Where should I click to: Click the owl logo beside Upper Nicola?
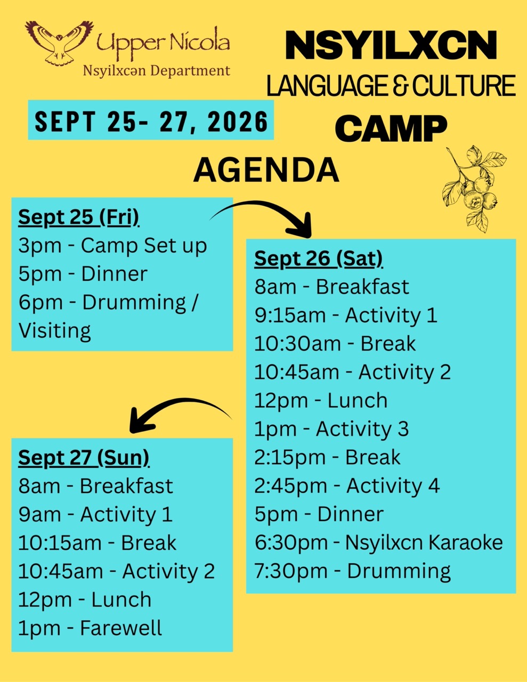(59, 43)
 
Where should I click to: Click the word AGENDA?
(266, 170)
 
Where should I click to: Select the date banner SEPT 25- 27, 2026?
(151, 120)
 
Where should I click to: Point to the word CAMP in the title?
(391, 128)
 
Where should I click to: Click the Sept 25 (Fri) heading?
(78, 217)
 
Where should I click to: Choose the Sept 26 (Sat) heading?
(318, 259)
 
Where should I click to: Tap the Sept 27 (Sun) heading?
(84, 458)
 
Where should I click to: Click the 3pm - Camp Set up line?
(112, 246)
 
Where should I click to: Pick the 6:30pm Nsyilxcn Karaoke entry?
(378, 542)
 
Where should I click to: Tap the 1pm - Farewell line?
(90, 628)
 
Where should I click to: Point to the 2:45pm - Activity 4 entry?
(347, 486)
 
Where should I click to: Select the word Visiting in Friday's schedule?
(54, 330)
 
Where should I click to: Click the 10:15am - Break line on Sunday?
(98, 542)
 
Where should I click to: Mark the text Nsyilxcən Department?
(157, 71)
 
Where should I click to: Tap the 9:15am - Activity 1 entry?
(346, 315)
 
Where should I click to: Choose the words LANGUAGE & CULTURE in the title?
(391, 85)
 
